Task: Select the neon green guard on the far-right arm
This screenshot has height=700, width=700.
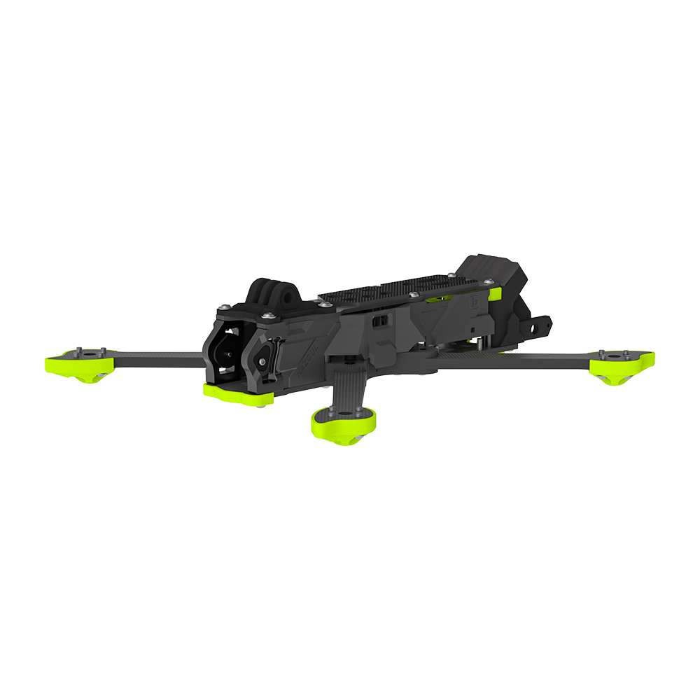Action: tap(622, 364)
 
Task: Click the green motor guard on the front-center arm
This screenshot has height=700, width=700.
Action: tap(344, 423)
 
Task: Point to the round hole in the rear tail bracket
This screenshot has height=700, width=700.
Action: tap(540, 326)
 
